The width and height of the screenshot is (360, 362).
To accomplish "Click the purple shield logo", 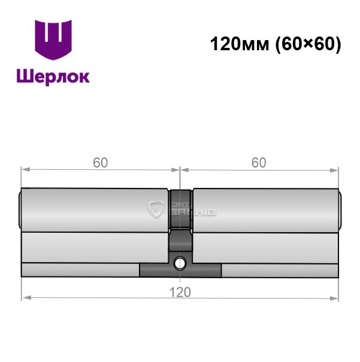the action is (53, 39).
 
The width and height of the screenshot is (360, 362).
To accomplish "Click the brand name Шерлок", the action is (53, 77).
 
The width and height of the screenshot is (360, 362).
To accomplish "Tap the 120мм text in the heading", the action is (240, 44).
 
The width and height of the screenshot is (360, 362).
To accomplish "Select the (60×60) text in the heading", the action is (308, 44).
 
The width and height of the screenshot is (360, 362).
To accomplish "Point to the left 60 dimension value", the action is (100, 163).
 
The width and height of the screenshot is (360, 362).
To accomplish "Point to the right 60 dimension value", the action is (259, 163).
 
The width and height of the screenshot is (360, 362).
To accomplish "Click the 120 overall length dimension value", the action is (180, 292).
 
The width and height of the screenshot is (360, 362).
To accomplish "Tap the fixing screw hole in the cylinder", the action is (180, 263).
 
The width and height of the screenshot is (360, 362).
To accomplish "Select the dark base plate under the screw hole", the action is (180, 270).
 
